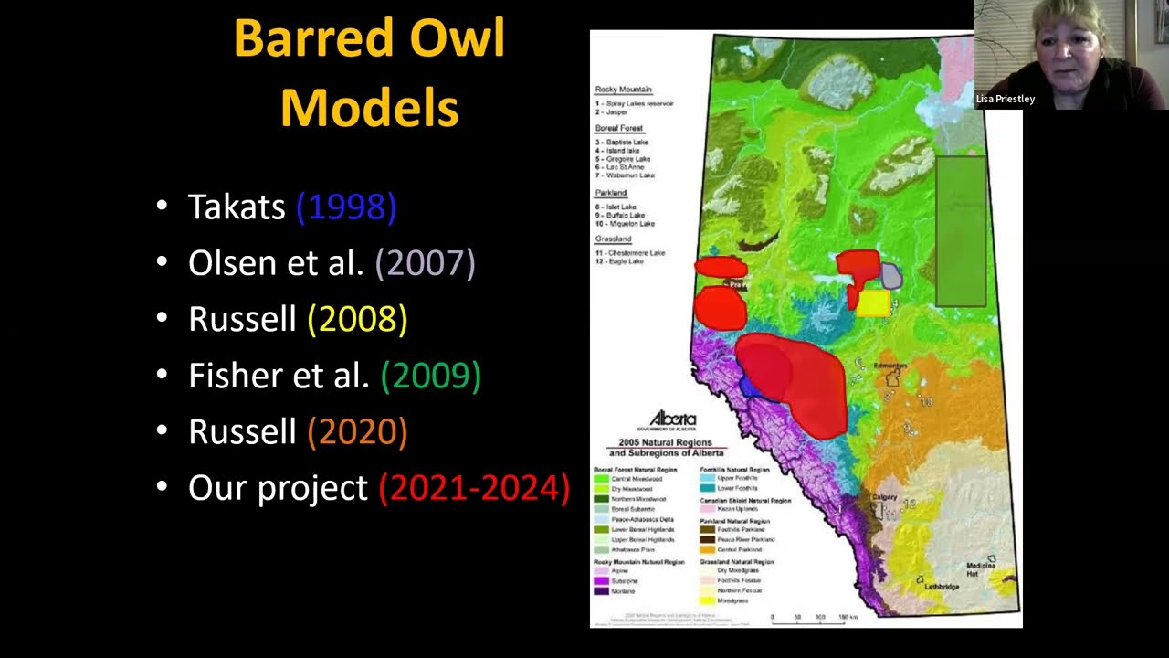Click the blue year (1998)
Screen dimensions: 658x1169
pos(346,207)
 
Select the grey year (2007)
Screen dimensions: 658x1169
pos(425,263)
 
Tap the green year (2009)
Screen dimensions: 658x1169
pos(430,376)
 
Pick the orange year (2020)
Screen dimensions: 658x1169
pos(357,431)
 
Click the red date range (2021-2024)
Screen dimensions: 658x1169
pos(474,488)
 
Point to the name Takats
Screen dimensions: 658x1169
pos(237,207)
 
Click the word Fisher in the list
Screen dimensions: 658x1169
pos(230,376)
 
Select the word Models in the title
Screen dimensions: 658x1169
pos(369,107)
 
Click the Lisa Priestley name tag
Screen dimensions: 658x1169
pos(1006,99)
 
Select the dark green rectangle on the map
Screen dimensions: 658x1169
pos(961,230)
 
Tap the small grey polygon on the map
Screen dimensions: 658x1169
pos(891,276)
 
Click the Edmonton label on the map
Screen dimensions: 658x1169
pos(890,366)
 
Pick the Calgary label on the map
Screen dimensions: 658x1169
pos(884,497)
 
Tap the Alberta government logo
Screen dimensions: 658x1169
pos(672,419)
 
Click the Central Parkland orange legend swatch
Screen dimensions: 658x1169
pos(707,550)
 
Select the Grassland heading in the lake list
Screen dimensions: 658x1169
pos(613,239)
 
